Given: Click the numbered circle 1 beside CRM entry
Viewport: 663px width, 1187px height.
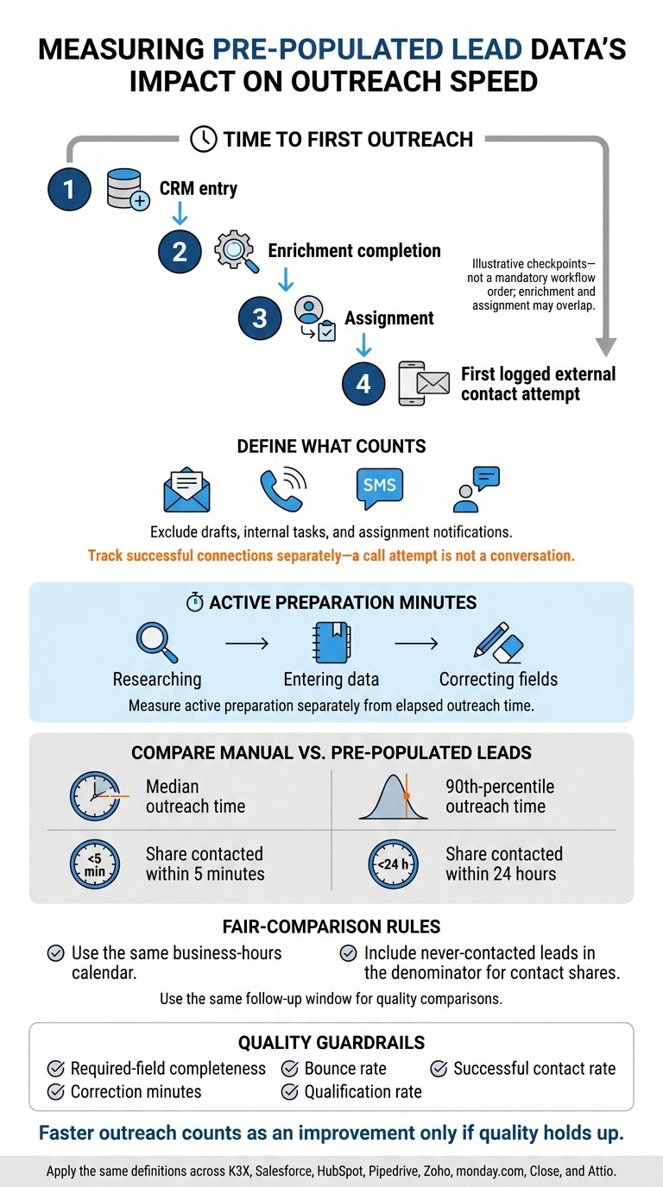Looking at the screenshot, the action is coord(69,189).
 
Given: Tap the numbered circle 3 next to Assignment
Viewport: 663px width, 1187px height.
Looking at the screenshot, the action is coord(260,318).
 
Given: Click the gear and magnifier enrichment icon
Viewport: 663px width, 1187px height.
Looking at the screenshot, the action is coord(236,251).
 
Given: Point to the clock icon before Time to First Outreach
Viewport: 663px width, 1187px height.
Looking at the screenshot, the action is coord(204,139).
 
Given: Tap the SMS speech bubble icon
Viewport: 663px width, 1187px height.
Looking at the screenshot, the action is coord(379,487).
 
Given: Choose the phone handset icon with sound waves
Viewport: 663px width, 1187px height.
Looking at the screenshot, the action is coord(283,488).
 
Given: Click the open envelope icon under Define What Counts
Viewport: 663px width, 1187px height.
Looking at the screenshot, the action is coord(186,489).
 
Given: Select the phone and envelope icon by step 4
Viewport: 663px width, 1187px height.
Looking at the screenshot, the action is coord(424,384).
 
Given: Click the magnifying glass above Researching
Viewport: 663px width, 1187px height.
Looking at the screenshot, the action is coord(157,643).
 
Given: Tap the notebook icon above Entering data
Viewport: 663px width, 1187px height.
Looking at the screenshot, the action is coord(331,643).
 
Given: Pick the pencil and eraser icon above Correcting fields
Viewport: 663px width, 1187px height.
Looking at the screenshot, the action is coord(498,643).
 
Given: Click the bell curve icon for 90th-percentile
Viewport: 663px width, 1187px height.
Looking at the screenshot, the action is coord(393,796).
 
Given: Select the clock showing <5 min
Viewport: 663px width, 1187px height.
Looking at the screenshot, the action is coord(95,864).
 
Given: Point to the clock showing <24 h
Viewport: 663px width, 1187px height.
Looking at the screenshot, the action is coord(393,864).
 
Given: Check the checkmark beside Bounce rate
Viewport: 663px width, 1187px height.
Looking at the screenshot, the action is coord(289,1069).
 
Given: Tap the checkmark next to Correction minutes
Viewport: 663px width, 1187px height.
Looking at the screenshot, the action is coord(56,1091).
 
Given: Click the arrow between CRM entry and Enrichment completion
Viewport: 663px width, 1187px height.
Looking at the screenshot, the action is coord(180,212).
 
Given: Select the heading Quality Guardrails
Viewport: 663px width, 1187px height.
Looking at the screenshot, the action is coord(331,1042).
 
